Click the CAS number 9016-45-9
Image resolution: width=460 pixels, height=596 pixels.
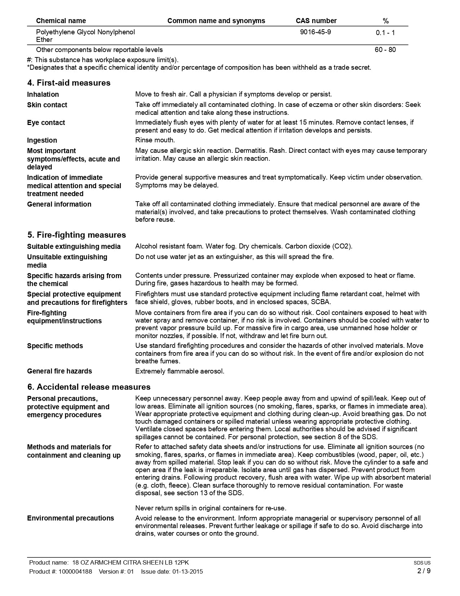tap(315, 32)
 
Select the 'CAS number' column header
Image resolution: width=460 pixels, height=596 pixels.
tap(316, 21)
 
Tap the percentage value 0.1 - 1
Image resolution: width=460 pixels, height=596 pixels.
tap(385, 33)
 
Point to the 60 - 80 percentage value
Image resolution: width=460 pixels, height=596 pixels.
tap(385, 49)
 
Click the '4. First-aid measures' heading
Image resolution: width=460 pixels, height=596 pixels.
tap(69, 83)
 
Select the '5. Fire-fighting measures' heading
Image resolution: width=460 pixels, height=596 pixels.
tap(76, 235)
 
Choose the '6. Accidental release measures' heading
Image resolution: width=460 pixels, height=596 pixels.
tap(89, 387)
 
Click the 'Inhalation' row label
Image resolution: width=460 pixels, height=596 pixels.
tap(43, 94)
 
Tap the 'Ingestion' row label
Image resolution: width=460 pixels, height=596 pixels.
tap(42, 140)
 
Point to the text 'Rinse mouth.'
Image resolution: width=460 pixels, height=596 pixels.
tap(155, 140)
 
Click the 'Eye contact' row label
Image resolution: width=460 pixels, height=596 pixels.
tap(46, 122)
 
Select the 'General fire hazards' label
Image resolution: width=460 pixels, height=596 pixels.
tap(59, 371)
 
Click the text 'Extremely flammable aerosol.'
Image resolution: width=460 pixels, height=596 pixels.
tap(180, 371)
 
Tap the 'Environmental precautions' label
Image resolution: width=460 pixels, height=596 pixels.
tap(70, 518)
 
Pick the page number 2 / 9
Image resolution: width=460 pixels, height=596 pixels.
tap(424, 571)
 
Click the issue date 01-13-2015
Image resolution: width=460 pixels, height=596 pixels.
tap(187, 571)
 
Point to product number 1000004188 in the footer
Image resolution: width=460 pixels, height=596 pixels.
tap(75, 571)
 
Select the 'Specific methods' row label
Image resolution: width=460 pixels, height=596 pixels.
tap(55, 346)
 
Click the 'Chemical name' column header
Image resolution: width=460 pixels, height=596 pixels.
tap(61, 21)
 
